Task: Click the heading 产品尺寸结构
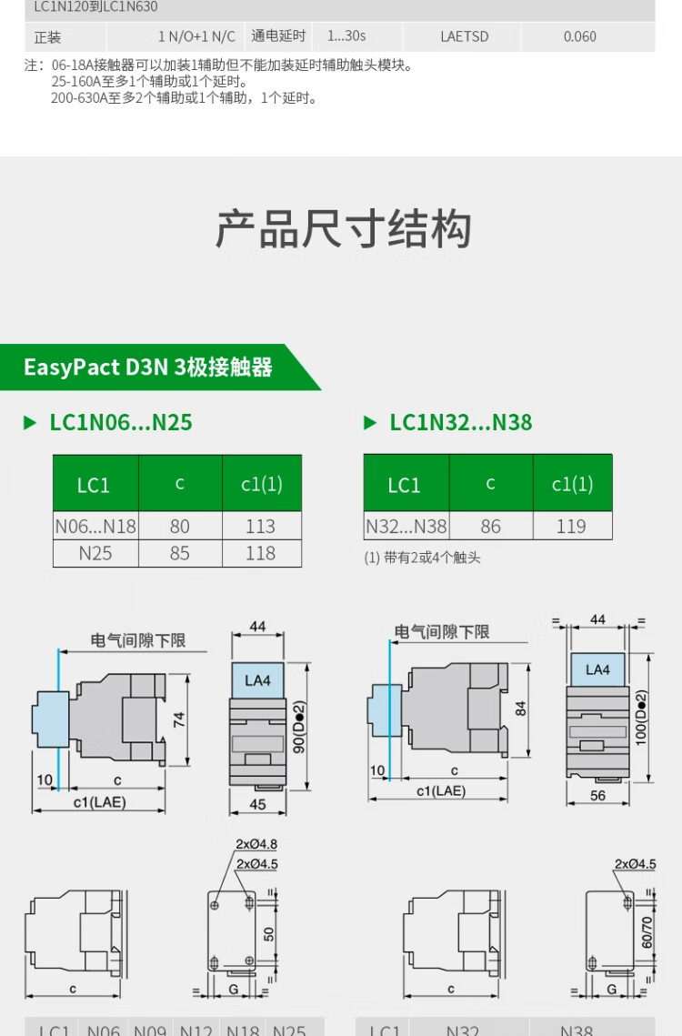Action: pyautogui.click(x=343, y=229)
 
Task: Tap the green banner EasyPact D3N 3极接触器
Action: pyautogui.click(x=148, y=367)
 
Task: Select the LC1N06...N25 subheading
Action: pyautogui.click(x=120, y=422)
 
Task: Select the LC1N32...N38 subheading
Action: pyautogui.click(x=460, y=422)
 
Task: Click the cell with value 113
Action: pyautogui.click(x=260, y=526)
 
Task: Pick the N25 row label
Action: pyautogui.click(x=95, y=553)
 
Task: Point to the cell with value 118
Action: pyautogui.click(x=260, y=553)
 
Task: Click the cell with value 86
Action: pyautogui.click(x=490, y=526)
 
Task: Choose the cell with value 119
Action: pyautogui.click(x=571, y=526)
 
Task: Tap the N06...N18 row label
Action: pyautogui.click(x=95, y=526)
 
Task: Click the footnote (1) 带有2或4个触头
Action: pyautogui.click(x=422, y=558)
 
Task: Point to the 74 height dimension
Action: pyautogui.click(x=180, y=719)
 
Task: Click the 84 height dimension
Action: pyautogui.click(x=521, y=708)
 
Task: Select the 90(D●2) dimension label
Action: pyautogui.click(x=297, y=724)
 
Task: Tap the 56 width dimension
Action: pyautogui.click(x=597, y=795)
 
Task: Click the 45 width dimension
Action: pyautogui.click(x=257, y=803)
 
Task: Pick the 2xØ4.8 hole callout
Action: pyautogui.click(x=256, y=844)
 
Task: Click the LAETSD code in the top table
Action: pyautogui.click(x=464, y=36)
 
